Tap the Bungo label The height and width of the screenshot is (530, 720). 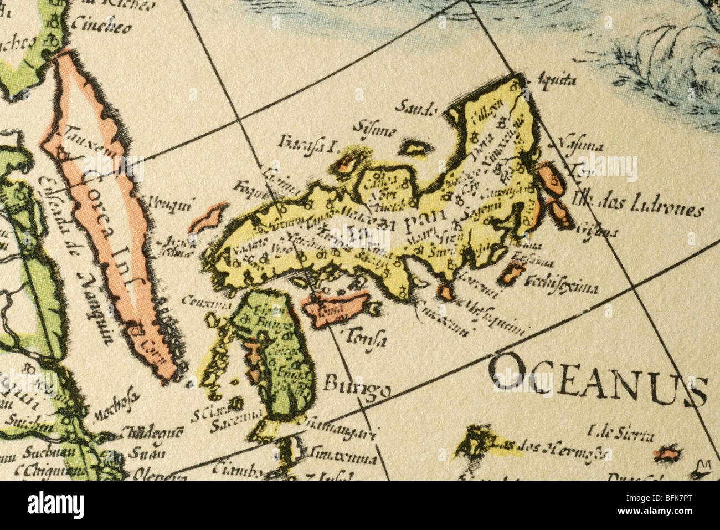[x=357, y=385]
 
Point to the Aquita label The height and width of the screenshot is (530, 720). [x=557, y=80]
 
